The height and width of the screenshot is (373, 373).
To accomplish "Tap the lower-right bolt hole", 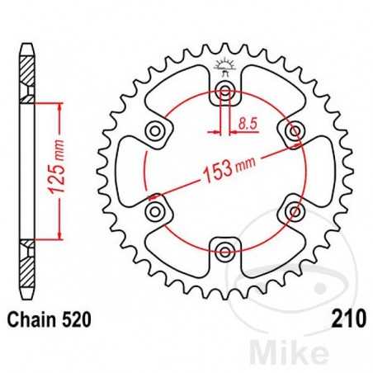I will click(294, 211).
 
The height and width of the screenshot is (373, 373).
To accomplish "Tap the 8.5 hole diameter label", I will click(246, 124).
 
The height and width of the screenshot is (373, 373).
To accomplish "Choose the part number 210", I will click(345, 318).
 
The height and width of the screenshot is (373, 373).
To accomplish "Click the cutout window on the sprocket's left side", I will click(132, 172).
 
